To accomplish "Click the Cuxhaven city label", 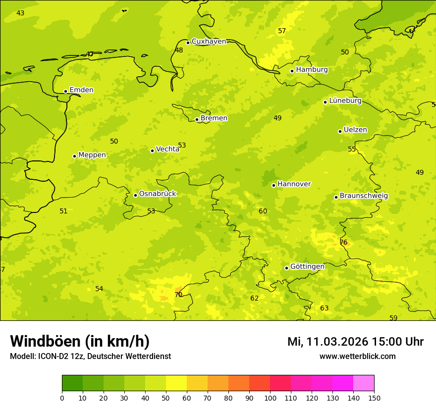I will coord(209,42).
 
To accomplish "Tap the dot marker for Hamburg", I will coord(292,71).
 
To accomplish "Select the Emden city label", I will coord(81,90).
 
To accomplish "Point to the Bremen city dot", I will coord(197,119).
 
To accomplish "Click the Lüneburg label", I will coord(345,101).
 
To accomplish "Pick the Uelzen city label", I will coord(355,130).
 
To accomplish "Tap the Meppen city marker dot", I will coord(75,156).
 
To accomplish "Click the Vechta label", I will coord(167,149).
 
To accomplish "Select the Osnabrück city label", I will coord(158,194).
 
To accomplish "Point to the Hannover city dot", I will coord(273,185).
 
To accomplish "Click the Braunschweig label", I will coord(364,196).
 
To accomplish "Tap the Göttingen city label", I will coord(307,267).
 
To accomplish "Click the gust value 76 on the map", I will coord(343,243).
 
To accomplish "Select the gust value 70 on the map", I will coord(178,295).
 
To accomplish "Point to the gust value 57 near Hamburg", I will coord(282,31).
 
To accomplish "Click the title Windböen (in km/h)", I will coord(80,341).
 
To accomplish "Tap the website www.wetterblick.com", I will coord(357,357).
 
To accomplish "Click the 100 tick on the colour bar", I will coord(270,398).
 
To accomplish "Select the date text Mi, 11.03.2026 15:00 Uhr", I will coord(355,342).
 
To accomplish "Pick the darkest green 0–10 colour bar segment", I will coord(72,383).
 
